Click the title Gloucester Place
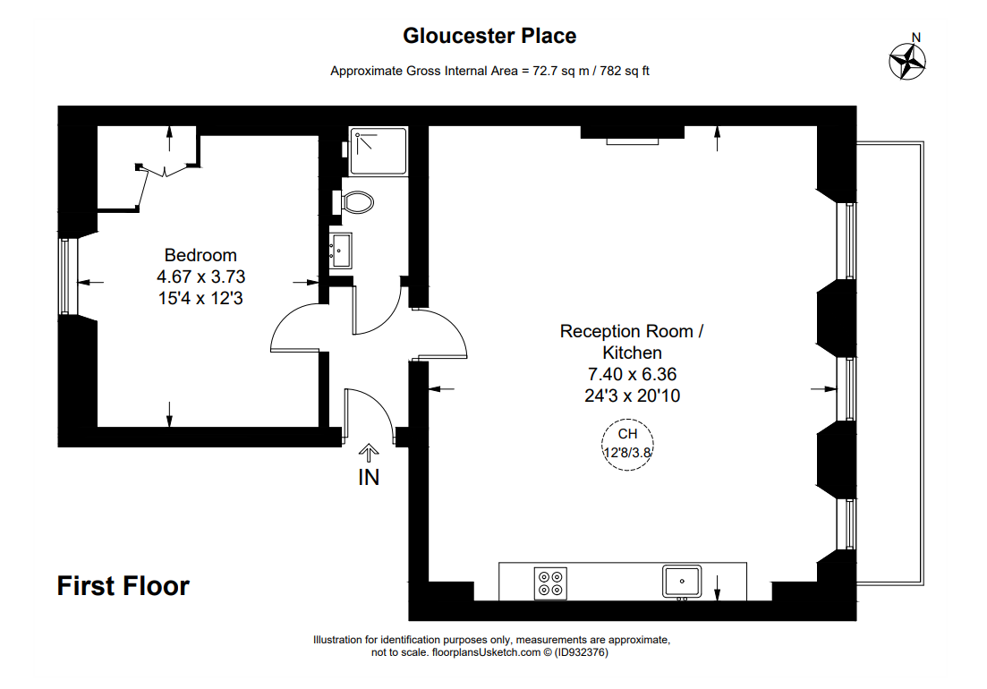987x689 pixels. click(489, 36)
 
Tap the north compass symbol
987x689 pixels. click(907, 61)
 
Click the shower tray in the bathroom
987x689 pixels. click(378, 151)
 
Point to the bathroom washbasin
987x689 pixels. click(341, 250)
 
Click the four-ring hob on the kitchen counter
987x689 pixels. click(550, 583)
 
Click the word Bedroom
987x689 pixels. click(200, 255)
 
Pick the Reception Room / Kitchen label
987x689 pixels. click(632, 341)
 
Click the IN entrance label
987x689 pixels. click(369, 478)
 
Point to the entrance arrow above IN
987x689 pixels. click(369, 453)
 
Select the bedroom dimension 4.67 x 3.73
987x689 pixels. click(200, 276)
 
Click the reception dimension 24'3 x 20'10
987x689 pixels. click(632, 396)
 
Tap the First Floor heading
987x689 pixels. click(123, 586)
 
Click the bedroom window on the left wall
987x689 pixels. click(64, 276)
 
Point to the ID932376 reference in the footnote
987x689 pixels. click(581, 652)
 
